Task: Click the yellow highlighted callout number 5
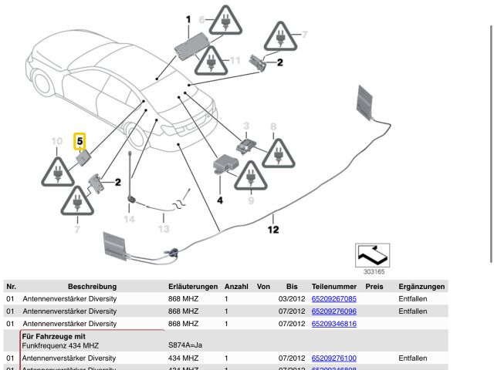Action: coord(80,143)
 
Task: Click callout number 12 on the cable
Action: coord(273,229)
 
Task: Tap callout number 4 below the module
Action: coord(219,200)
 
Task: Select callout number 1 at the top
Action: coord(188,18)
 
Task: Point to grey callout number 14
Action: coord(129,220)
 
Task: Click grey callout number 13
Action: coord(163,229)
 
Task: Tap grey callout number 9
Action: coord(250,200)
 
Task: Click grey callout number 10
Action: coord(56,141)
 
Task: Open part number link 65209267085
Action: coord(333,298)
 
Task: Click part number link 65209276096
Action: coord(333,311)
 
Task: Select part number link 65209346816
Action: coord(333,324)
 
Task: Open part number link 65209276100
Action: coord(333,358)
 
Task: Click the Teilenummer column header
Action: coord(332,286)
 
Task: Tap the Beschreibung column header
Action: coord(91,286)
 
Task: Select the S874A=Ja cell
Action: coord(184,347)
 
